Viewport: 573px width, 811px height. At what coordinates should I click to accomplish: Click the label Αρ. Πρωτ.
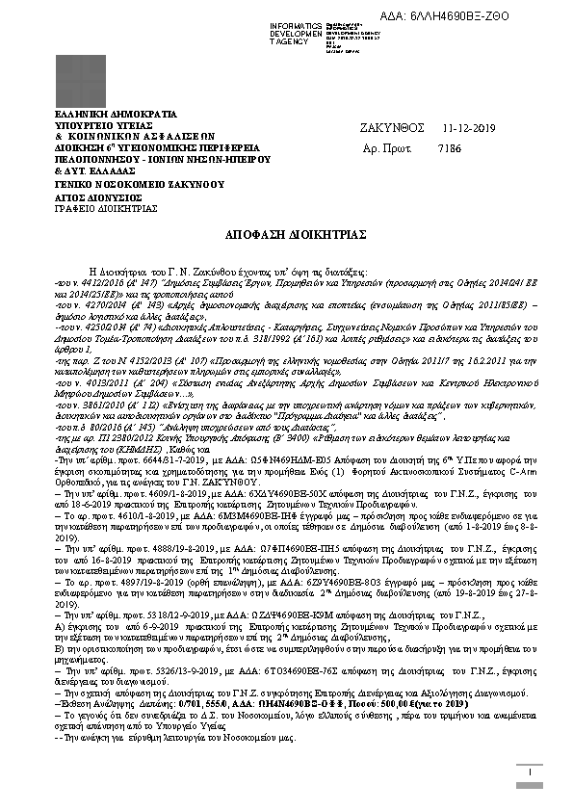click(386, 148)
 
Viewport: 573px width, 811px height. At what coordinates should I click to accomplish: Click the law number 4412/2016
click(99, 286)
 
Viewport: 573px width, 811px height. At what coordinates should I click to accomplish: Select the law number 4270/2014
click(97, 303)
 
